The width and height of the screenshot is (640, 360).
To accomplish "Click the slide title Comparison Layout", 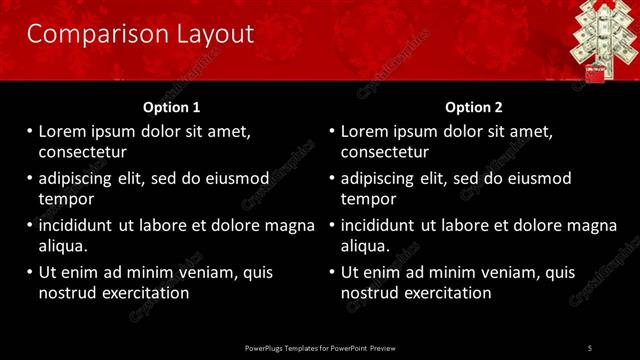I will (x=140, y=34).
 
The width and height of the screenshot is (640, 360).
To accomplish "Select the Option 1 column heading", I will (x=172, y=107).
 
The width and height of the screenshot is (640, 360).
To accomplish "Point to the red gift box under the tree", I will (x=594, y=73).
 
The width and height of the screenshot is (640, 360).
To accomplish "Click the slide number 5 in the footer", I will (x=589, y=347).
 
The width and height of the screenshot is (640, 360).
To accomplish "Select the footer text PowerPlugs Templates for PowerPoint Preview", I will (x=320, y=347).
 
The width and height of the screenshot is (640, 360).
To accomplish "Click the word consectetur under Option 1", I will (x=81, y=152).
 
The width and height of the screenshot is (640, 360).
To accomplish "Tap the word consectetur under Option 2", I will (x=384, y=152).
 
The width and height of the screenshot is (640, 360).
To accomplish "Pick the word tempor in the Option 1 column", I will (x=66, y=199).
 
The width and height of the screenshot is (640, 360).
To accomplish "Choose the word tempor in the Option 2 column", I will (x=369, y=199).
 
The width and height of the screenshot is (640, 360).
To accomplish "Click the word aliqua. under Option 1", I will (x=64, y=246).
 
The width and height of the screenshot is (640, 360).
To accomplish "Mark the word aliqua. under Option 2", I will (x=367, y=246).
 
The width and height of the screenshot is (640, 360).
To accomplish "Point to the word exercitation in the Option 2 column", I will (x=445, y=293).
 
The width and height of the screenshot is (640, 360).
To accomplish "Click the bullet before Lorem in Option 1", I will (x=29, y=131).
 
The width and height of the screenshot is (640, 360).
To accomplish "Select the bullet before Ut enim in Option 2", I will (x=332, y=272).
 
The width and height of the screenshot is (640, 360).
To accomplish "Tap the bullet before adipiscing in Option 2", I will (x=332, y=178).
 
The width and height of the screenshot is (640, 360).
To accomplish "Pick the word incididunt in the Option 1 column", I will (x=75, y=225).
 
